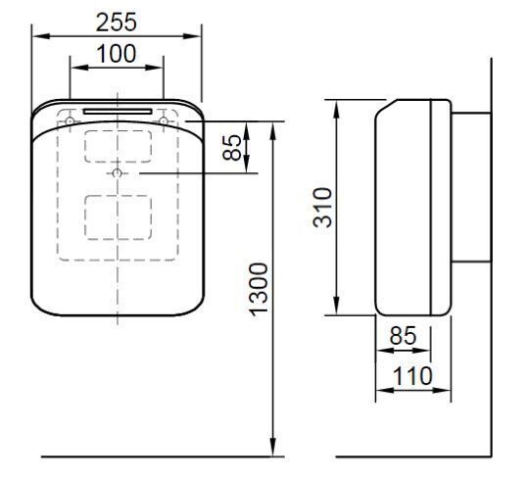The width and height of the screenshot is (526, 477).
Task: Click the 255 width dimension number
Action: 117,21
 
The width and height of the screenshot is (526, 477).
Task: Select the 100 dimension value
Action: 117,55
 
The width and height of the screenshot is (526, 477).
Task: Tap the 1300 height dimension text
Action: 258,288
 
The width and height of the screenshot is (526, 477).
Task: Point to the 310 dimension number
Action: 323,207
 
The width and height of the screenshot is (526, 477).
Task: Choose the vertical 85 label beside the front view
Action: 232,148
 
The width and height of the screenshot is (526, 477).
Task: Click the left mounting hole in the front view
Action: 71,120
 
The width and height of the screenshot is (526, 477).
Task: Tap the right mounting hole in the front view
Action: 164,120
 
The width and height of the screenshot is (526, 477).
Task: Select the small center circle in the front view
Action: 118,173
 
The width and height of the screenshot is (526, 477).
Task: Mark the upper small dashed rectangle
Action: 118,146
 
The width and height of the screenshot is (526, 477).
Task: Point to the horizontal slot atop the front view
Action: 118,111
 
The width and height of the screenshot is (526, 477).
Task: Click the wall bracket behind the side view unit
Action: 470,186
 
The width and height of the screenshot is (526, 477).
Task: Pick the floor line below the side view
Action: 411,456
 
